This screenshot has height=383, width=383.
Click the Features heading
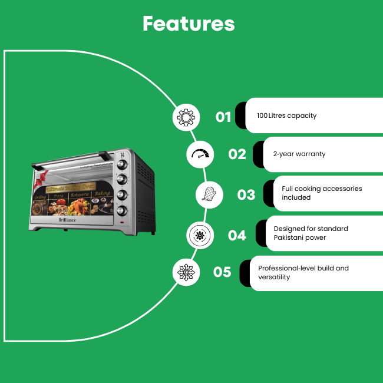point(189,24)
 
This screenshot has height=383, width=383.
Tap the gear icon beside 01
point(186,117)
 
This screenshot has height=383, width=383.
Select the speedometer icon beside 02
point(202,154)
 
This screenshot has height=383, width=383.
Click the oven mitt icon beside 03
point(209,194)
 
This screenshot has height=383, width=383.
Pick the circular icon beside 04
point(200,235)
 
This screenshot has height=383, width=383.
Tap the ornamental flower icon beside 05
point(186,272)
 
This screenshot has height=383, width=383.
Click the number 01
point(223,117)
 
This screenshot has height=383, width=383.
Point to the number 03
point(246,194)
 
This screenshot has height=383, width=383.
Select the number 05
point(222,272)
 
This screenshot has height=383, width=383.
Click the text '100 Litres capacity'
point(286,115)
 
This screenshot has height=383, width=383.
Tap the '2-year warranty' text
point(299,154)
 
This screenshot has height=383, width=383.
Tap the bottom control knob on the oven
point(123,209)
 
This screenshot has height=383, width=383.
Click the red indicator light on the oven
point(122,222)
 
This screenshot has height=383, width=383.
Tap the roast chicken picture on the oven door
point(78,206)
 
